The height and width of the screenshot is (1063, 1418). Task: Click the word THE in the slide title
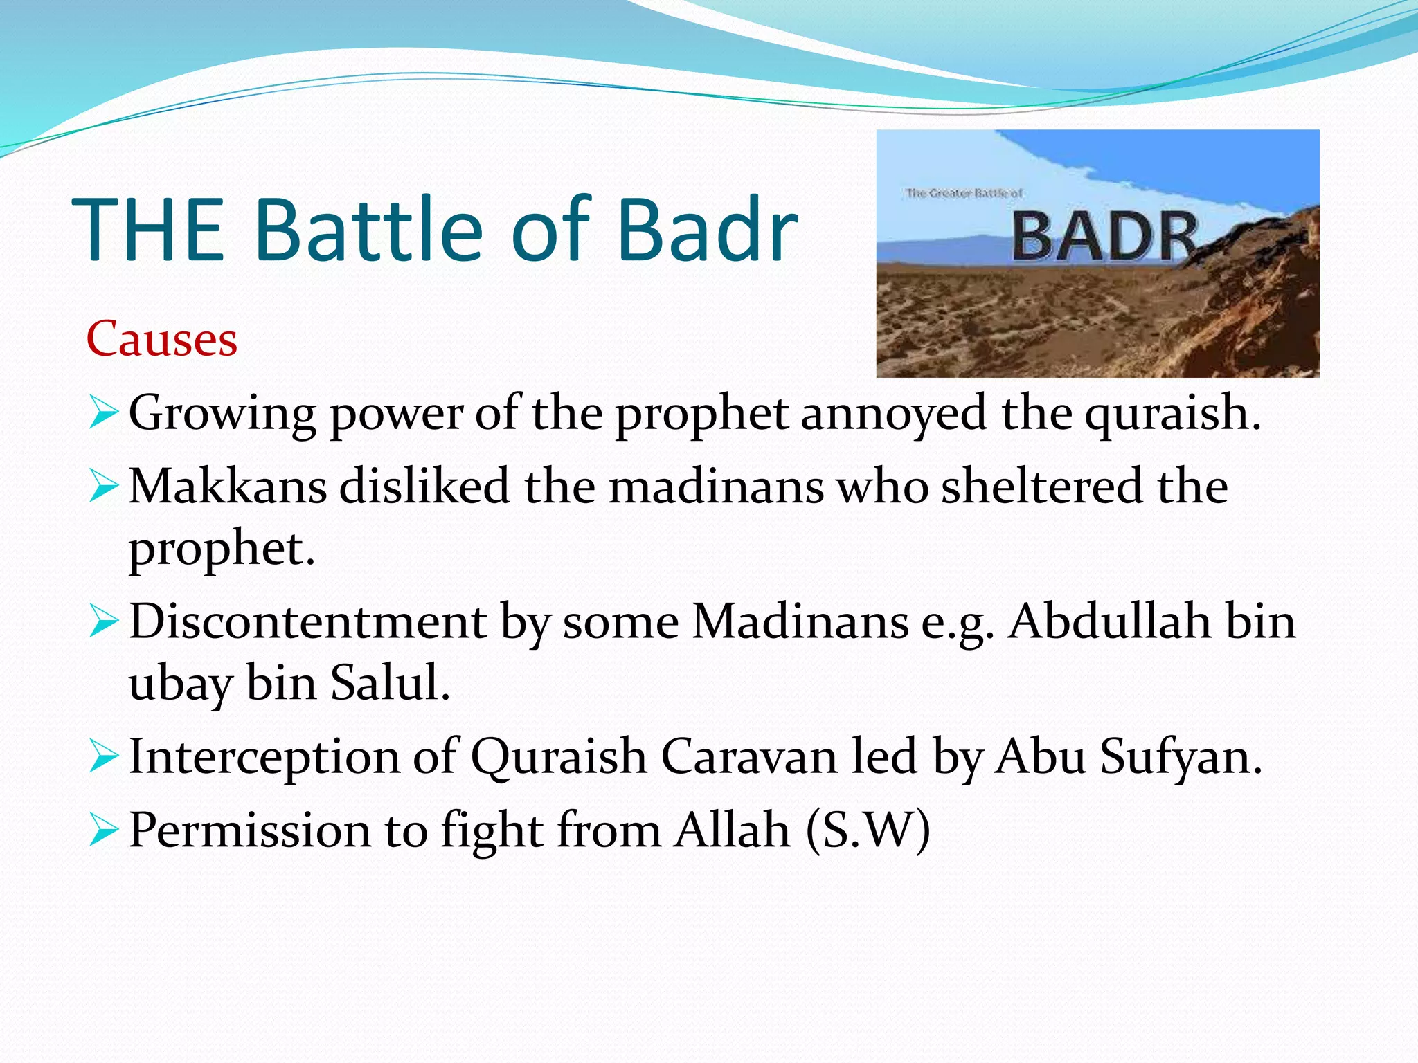(x=147, y=230)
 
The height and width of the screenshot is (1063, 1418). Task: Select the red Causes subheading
(x=162, y=339)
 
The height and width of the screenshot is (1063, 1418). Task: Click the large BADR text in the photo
(x=1104, y=237)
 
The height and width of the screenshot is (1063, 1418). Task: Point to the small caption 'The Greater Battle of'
(x=964, y=193)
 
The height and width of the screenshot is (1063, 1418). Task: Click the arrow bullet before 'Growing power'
(x=104, y=414)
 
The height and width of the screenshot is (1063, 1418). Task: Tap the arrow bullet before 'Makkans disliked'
(x=104, y=488)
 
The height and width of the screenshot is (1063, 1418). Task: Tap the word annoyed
(x=893, y=414)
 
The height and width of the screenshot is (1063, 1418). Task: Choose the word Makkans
(x=228, y=487)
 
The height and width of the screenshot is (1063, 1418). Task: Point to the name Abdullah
(x=1109, y=621)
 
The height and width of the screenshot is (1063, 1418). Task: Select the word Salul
(x=390, y=683)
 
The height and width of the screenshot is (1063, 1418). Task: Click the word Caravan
(x=748, y=756)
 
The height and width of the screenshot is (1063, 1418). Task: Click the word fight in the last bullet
(x=492, y=830)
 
